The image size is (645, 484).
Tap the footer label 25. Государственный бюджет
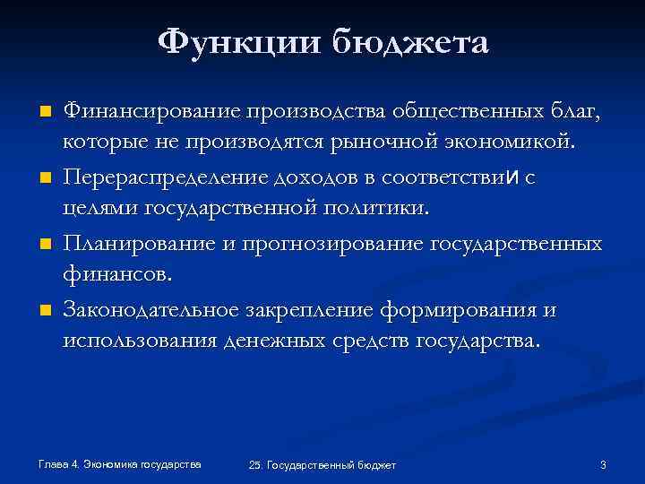point(322,464)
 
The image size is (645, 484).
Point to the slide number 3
point(603,464)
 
